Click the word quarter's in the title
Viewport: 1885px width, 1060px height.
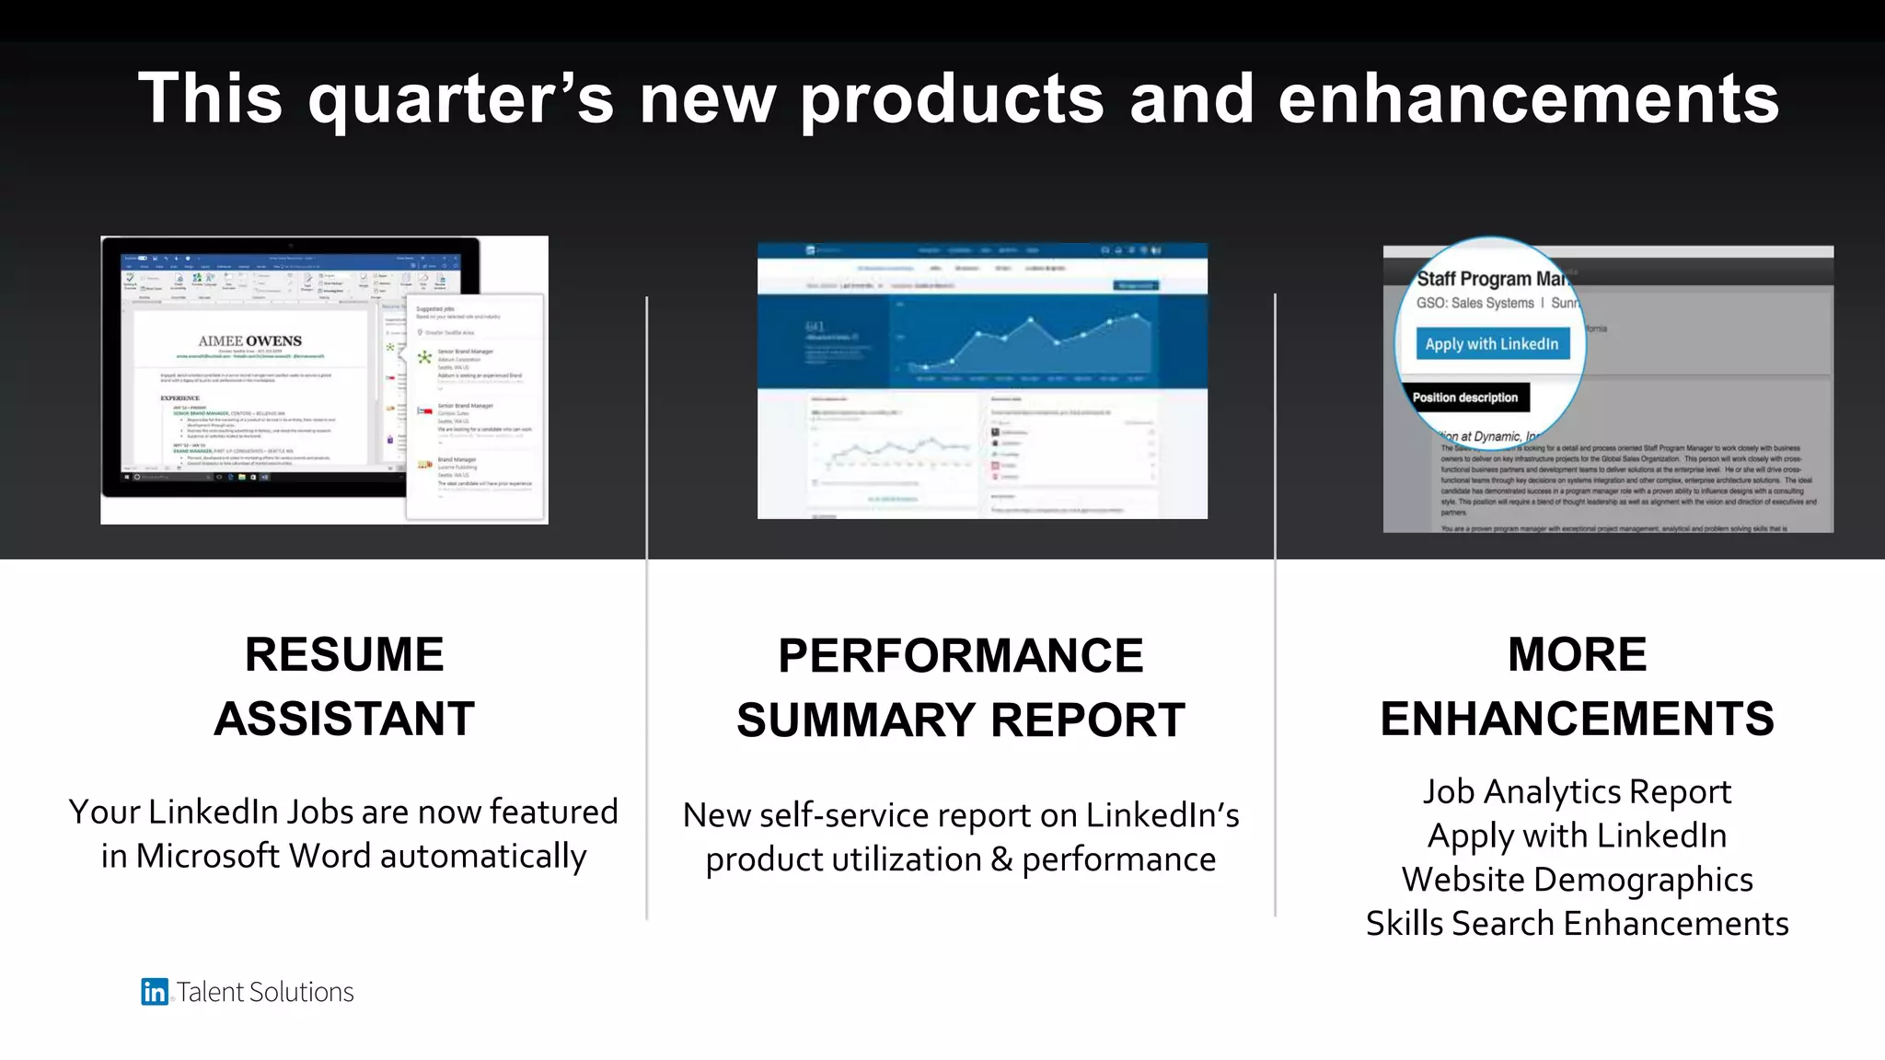pos(460,99)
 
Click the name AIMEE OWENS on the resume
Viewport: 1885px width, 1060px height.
pos(249,341)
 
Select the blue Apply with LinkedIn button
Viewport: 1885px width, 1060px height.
pos(1491,344)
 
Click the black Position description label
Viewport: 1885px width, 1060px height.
pos(1464,397)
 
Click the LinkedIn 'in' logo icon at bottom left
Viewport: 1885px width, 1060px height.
pos(154,991)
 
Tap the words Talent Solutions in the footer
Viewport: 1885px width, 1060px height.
pos(265,992)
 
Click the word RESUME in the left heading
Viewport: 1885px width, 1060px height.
pos(344,655)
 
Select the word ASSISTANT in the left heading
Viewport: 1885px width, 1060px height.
pos(344,719)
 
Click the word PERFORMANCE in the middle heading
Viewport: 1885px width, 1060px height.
pos(960,656)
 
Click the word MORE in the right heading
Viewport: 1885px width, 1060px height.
pos(1577,655)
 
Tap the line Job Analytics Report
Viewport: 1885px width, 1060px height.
pos(1577,791)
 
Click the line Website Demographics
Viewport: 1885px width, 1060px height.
pos(1577,880)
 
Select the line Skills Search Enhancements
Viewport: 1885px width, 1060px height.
pos(1577,923)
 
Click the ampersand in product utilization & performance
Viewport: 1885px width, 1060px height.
pos(1001,860)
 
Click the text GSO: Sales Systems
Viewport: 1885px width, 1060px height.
pos(1474,304)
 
